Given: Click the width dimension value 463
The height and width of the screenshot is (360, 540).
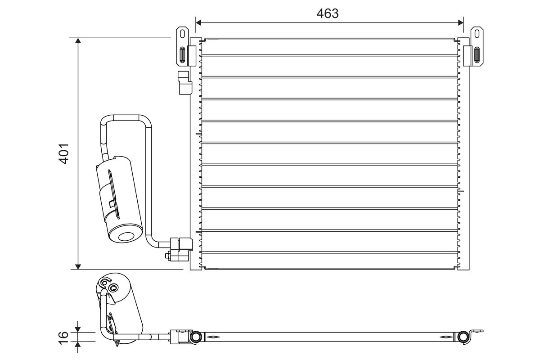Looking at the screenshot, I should (x=327, y=13).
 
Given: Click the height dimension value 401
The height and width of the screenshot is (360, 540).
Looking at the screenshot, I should (x=63, y=153).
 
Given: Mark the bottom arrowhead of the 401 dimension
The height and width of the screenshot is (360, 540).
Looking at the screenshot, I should (x=78, y=266).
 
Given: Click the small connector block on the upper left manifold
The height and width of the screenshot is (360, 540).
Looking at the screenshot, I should (x=184, y=83).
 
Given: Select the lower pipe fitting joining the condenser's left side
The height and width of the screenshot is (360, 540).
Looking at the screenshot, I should (x=181, y=249).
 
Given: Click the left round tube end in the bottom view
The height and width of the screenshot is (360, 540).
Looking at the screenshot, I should (x=196, y=337).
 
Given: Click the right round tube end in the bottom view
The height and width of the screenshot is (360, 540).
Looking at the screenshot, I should (x=463, y=337).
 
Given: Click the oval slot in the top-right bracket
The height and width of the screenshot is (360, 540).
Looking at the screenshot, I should (x=476, y=55).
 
